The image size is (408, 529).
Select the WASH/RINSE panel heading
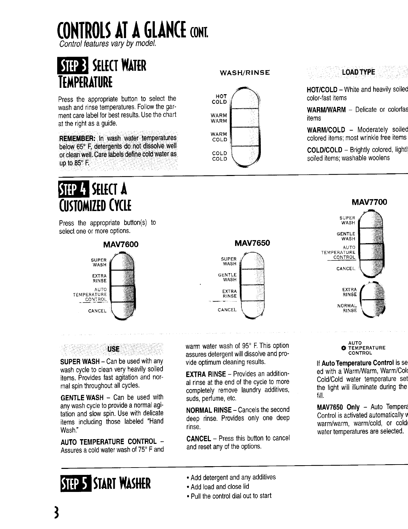[244, 72]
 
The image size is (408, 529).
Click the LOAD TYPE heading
[358, 72]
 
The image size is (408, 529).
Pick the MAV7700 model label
[369, 202]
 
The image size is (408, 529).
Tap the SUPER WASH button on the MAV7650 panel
[252, 261]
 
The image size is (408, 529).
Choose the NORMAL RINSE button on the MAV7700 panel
[374, 308]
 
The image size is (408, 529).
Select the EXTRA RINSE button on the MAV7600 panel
[122, 278]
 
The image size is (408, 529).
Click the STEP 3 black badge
[73, 65]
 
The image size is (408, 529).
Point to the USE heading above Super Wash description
[113, 349]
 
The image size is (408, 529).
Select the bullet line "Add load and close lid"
[220, 487]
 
